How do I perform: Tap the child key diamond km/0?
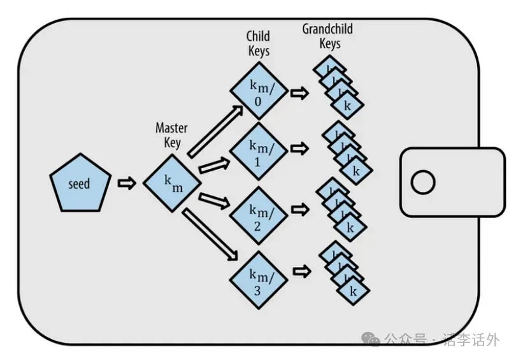pyautogui.click(x=259, y=91)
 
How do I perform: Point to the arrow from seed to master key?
pyautogui.click(x=127, y=183)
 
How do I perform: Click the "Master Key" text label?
pyautogui.click(x=171, y=134)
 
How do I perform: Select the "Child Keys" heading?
pyautogui.click(x=258, y=41)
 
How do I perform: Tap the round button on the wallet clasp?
pyautogui.click(x=422, y=183)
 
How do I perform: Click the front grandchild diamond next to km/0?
pyautogui.click(x=348, y=105)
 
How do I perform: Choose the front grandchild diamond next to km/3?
pyautogui.click(x=348, y=290)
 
